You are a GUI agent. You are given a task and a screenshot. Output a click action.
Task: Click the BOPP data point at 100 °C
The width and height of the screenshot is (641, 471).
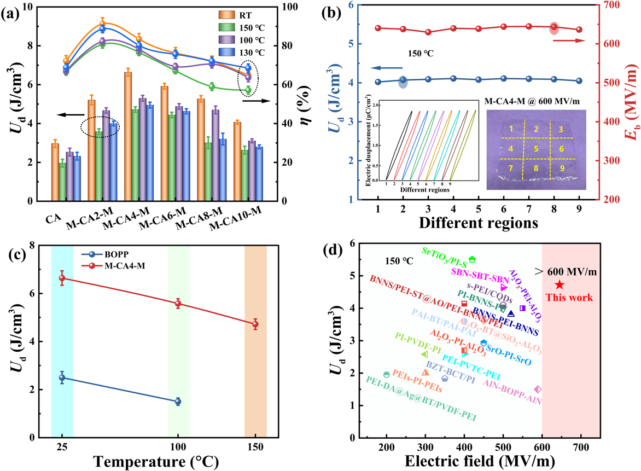click(178, 402)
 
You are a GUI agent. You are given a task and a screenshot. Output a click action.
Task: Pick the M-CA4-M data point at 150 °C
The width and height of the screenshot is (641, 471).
click(255, 324)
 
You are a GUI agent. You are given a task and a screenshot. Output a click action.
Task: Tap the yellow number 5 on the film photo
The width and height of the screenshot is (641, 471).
click(536, 148)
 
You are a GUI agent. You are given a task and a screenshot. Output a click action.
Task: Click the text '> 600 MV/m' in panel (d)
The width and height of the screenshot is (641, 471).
click(566, 272)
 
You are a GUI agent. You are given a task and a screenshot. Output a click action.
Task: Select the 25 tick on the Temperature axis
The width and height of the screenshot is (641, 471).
click(62, 446)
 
